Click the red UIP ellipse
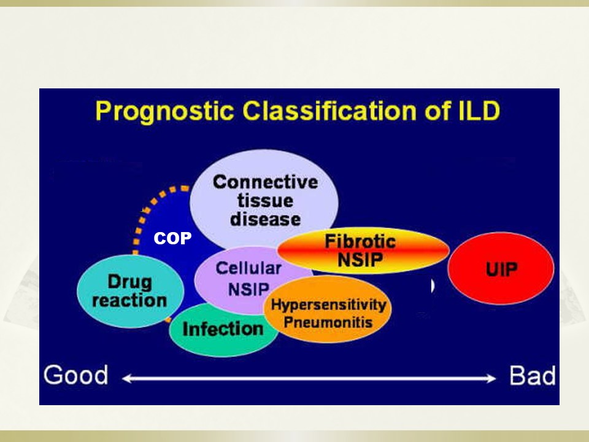(501, 268)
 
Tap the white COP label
(172, 238)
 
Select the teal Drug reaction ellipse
(130, 291)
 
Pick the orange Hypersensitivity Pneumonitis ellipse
(328, 309)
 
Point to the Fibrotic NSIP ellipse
(363, 250)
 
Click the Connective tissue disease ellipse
(264, 199)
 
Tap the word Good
(76, 375)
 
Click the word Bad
(533, 376)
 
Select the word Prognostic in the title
(164, 111)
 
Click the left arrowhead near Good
(127, 379)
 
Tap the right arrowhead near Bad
(491, 379)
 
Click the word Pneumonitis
(328, 322)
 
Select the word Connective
(265, 182)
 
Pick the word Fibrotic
(360, 241)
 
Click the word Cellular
(248, 268)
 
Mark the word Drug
(129, 282)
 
